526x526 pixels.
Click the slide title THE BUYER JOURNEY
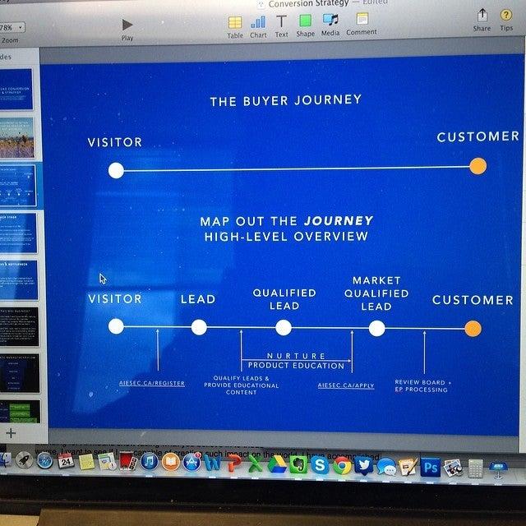285,101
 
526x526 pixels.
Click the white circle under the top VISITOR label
116,170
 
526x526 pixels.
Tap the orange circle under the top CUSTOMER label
478,166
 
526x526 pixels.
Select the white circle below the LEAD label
198,327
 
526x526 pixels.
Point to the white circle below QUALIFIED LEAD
284,328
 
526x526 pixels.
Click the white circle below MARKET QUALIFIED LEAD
376,329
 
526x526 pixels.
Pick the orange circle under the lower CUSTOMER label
473,330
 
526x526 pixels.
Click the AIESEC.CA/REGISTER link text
152,384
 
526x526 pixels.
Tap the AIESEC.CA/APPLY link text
346,384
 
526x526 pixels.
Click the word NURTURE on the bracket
296,356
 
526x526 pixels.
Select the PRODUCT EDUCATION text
296,366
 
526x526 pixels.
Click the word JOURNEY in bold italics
339,221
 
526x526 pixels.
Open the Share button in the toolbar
482,17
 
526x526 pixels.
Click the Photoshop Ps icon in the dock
429,467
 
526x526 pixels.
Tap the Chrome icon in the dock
342,466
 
